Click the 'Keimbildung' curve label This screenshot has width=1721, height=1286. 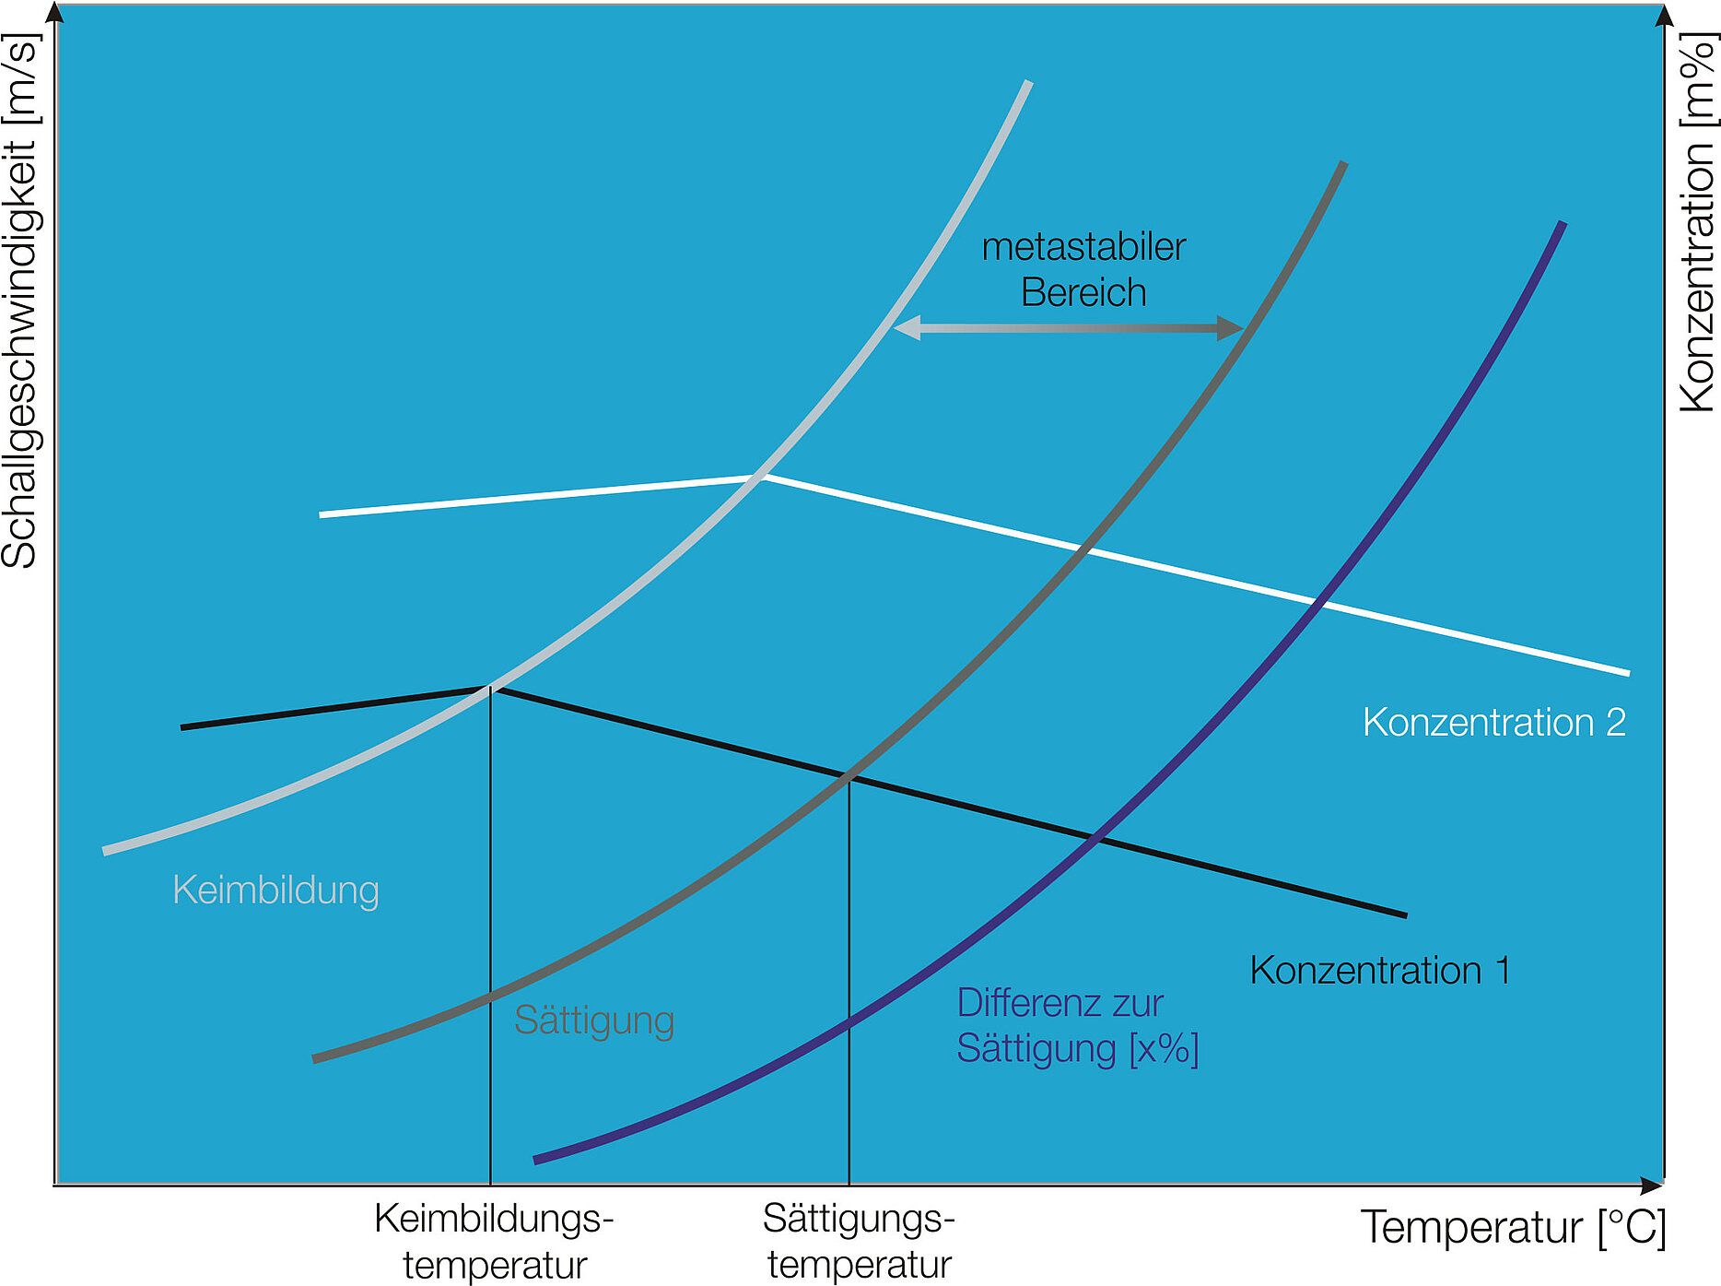[275, 891]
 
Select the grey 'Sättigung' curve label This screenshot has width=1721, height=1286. [594, 1021]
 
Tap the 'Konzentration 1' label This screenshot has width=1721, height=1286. [1379, 970]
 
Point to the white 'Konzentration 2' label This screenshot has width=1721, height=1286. [1493, 722]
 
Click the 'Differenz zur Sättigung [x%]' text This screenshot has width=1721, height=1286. [1077, 1025]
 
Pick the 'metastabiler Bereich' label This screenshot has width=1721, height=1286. [1083, 269]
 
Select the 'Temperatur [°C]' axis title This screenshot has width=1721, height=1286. [1513, 1227]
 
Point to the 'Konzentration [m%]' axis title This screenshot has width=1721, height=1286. [1697, 221]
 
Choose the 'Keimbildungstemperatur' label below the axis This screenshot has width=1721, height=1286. [495, 1241]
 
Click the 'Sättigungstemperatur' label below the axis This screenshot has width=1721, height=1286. [859, 1241]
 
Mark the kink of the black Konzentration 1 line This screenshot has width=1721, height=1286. [490, 688]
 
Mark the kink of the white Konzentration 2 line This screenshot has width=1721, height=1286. [762, 477]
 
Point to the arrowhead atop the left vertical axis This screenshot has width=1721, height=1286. [55, 14]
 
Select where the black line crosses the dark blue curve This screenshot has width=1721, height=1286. [1095, 839]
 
